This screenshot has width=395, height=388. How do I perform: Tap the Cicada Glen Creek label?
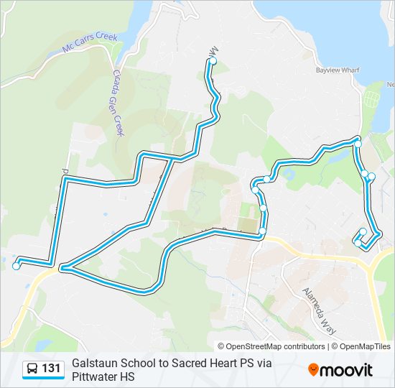[x=117, y=102]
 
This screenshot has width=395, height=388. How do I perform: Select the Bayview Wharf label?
[x=337, y=70]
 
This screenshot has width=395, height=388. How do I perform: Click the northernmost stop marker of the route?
[x=213, y=63]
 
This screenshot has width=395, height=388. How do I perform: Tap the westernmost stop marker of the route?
[x=16, y=267]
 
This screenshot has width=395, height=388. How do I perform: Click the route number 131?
[x=51, y=369]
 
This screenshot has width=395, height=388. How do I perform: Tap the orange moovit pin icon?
[x=313, y=370]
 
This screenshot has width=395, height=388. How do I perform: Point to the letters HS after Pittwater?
[x=128, y=377]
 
